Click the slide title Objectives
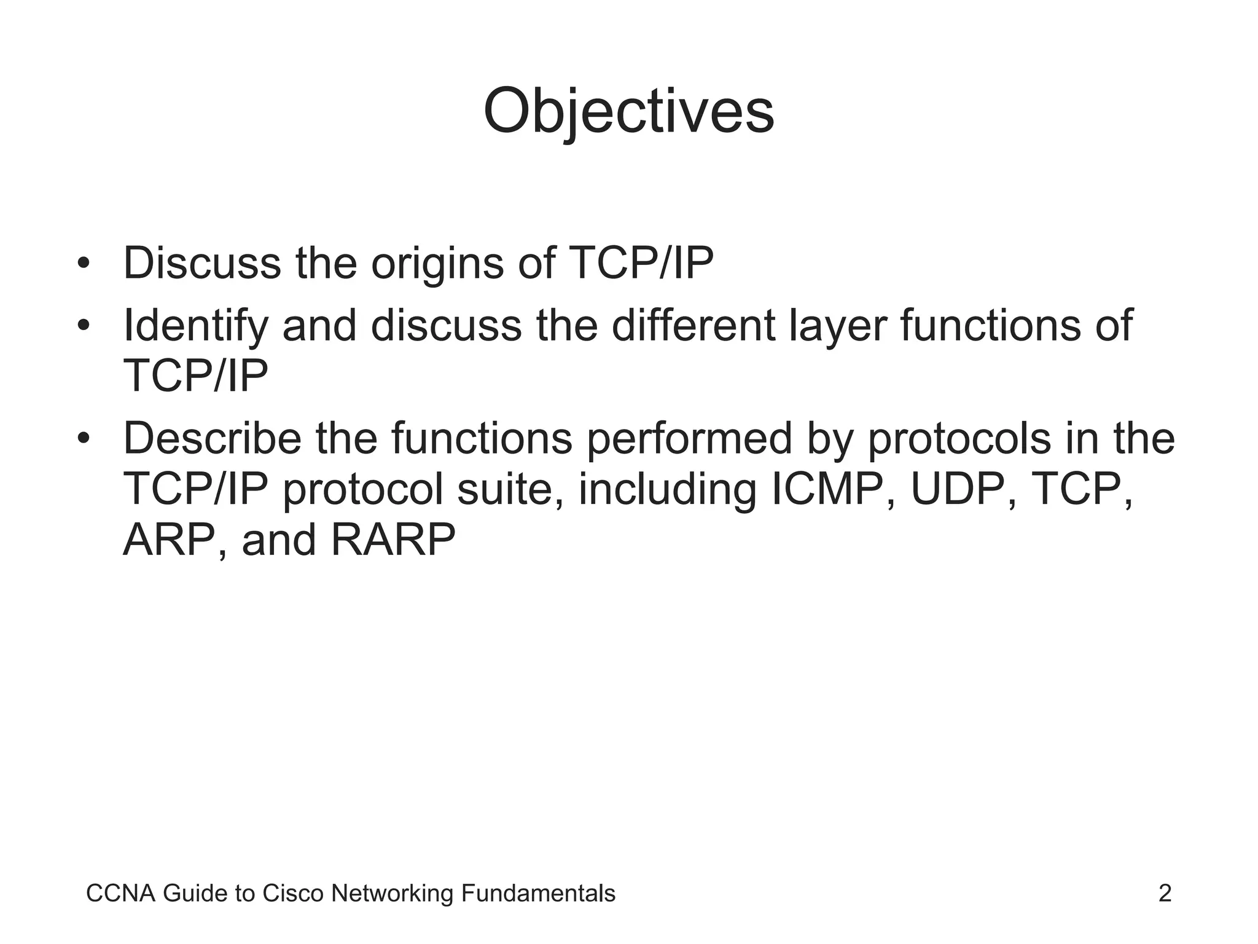coord(628,112)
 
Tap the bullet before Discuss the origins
coord(84,264)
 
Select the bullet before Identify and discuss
coord(84,326)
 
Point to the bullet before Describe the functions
coord(84,439)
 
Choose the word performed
coord(689,439)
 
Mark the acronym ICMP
coord(832,489)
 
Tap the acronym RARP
coord(393,540)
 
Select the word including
coord(667,490)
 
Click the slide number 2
coord(1165,893)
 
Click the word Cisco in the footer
coord(293,893)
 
